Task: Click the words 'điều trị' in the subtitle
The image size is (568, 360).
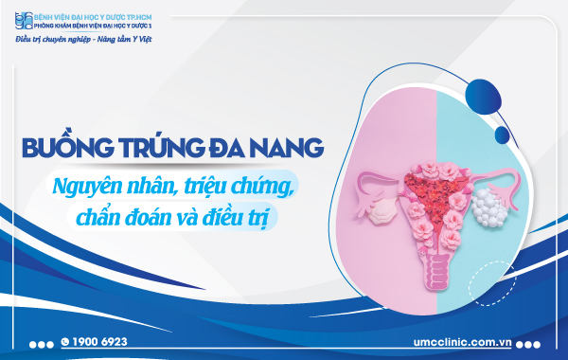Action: point(252,212)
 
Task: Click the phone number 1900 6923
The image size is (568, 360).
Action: point(100,341)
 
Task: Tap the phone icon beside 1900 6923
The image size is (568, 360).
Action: point(64,341)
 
